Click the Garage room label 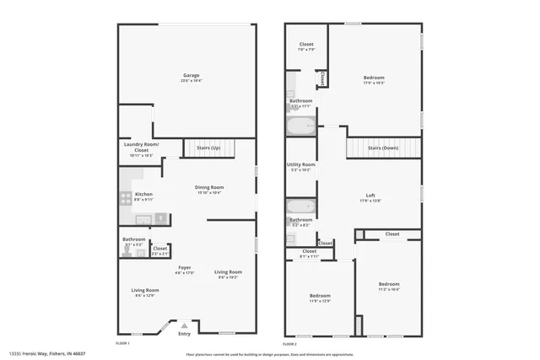coord(192,76)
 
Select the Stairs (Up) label coord(208,148)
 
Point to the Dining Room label coord(209,187)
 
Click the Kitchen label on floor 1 coord(143,194)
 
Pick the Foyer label coord(184,268)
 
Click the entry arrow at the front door coord(184,325)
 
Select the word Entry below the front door coord(184,334)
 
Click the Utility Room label coord(301,164)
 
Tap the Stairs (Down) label coord(383,148)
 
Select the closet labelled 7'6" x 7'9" coord(305,47)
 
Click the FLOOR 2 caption coord(289,344)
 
